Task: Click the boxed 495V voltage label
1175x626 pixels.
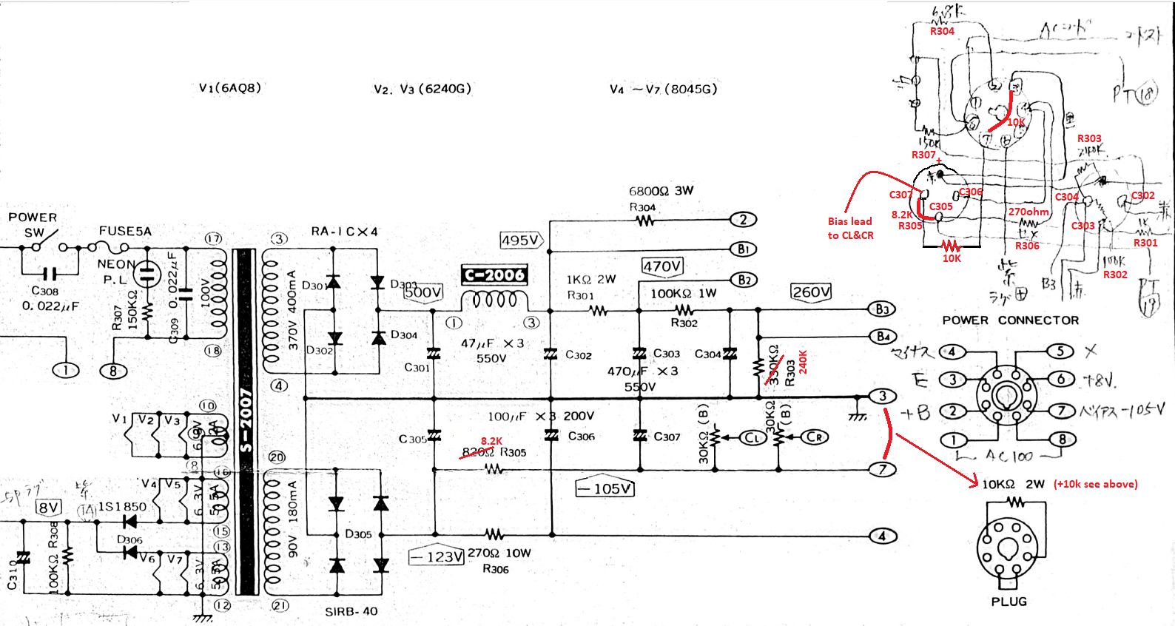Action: pos(521,240)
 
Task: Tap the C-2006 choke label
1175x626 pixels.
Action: pos(494,275)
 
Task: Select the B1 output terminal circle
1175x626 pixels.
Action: pos(743,249)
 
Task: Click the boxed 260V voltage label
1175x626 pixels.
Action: pos(810,292)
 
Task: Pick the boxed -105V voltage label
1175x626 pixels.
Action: pos(605,488)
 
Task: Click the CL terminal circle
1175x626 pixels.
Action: pos(753,437)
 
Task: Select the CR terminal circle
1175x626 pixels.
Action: pos(815,437)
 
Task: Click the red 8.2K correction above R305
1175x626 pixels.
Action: pos(491,441)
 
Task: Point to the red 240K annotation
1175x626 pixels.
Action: pos(803,362)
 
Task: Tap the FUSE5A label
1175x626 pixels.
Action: pos(125,231)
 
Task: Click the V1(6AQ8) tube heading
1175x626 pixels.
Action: pos(229,87)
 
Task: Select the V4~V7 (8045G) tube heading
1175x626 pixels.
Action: pos(663,89)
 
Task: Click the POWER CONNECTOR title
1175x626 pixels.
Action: pos(1010,320)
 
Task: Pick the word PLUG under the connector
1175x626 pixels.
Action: pos(1009,602)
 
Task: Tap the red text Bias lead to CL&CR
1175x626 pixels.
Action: pos(850,228)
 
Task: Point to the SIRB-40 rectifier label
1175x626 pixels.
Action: pos(351,611)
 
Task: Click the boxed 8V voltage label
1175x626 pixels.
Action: pos(49,507)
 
